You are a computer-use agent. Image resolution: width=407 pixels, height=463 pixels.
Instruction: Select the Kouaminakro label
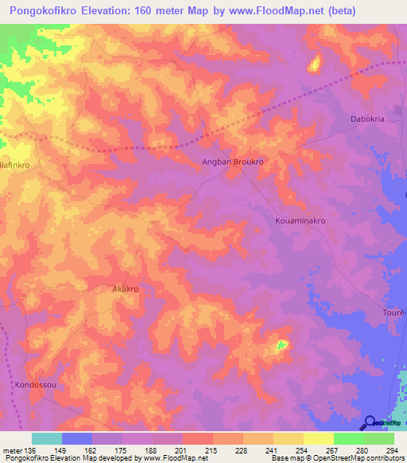(300, 220)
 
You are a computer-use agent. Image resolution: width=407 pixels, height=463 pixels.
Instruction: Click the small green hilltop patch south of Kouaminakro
(281, 345)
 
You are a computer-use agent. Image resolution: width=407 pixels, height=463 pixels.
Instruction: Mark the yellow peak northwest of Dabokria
(314, 63)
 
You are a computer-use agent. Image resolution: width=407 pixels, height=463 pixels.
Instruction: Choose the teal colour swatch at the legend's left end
(46, 438)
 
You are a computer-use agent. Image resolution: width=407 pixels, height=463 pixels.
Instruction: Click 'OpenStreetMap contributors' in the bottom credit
(355, 459)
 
